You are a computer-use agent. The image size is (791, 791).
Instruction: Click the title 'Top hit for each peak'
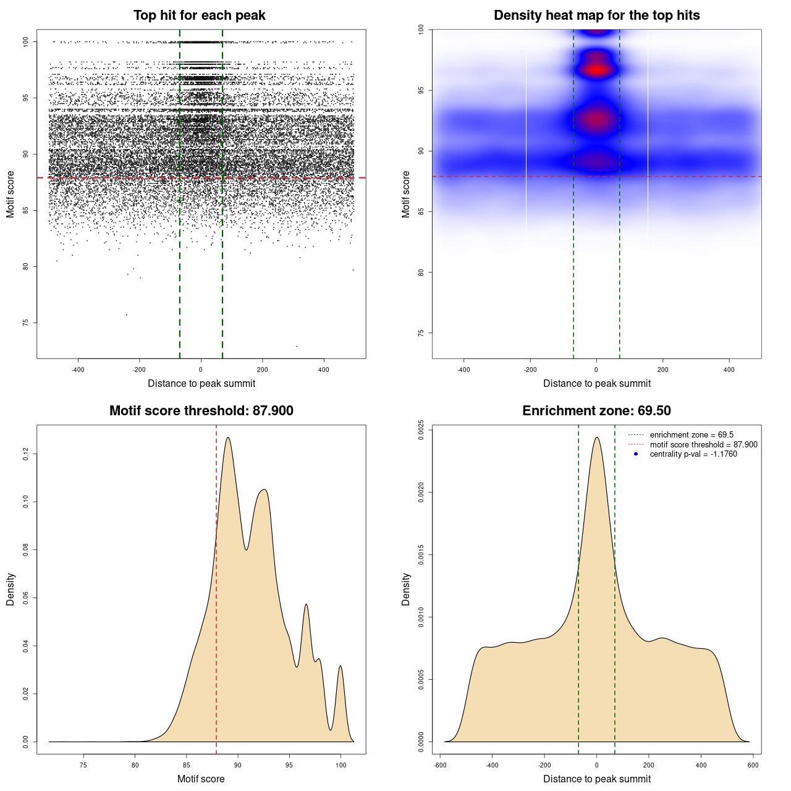coord(200,15)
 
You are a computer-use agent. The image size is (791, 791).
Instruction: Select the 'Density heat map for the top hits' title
coord(596,15)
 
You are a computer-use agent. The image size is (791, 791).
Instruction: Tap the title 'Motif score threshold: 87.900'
coord(201,411)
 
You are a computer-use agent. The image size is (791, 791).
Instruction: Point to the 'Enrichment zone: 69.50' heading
coord(596,411)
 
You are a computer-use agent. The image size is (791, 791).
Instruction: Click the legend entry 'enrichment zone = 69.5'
coord(692,435)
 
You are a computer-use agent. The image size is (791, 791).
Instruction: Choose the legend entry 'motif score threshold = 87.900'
coord(703,445)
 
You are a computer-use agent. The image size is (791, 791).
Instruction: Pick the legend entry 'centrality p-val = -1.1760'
coord(693,454)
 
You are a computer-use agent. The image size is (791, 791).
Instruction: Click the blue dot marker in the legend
coord(636,454)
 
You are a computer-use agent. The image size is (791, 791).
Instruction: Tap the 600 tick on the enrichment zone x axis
coord(753,765)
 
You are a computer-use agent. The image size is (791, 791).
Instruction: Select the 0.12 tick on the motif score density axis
coord(25,454)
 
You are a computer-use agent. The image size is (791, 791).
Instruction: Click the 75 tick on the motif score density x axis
coord(84,765)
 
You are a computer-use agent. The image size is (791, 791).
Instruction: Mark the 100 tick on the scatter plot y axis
coord(25,41)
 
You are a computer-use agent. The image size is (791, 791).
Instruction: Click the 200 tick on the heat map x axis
coord(663,370)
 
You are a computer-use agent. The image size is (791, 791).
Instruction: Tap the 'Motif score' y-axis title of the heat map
coord(406,194)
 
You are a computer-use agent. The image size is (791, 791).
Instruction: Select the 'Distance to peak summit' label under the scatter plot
coord(201,384)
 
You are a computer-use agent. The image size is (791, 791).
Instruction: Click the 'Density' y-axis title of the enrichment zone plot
coord(406,589)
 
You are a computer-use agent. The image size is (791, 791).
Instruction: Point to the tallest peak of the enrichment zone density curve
coord(596,438)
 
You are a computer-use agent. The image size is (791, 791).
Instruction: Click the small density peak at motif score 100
coord(341,666)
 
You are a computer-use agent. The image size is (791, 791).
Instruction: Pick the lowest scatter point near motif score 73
coord(297,346)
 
